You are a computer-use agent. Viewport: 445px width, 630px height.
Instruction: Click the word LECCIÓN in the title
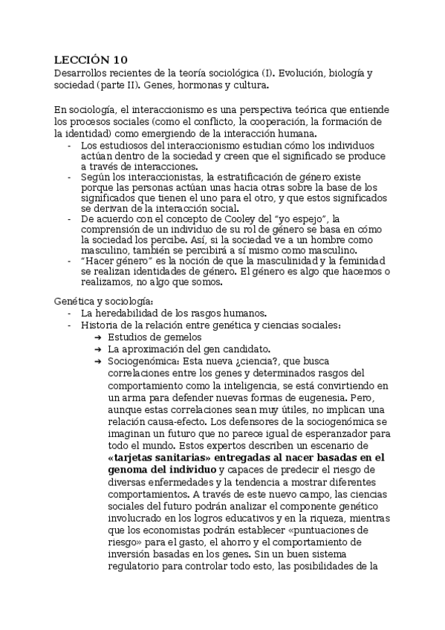(82, 59)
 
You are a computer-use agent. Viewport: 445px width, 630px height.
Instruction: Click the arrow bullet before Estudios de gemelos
(97, 337)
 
